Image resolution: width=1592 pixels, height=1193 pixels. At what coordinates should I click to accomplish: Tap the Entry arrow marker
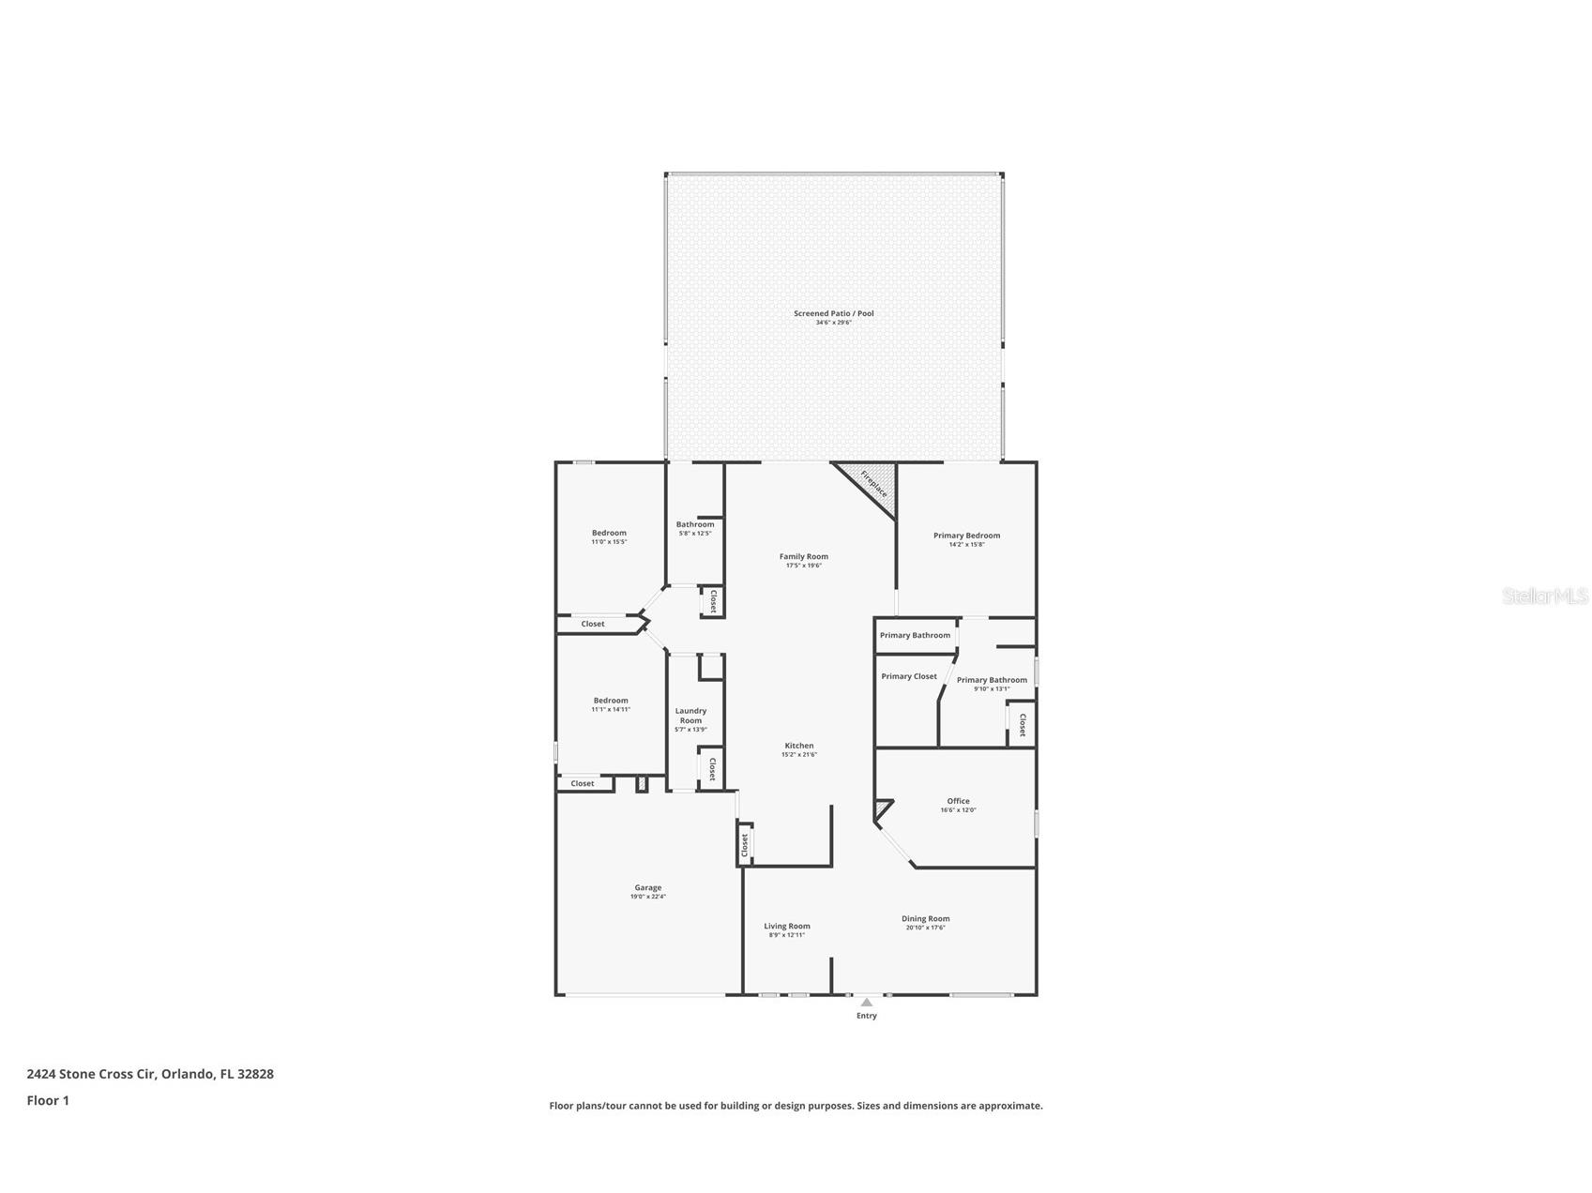click(866, 1002)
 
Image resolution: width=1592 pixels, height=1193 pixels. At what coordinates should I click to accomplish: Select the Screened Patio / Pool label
click(833, 313)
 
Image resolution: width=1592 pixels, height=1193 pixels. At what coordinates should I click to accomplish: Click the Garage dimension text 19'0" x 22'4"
click(647, 897)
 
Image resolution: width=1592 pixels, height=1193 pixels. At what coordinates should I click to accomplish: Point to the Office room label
click(958, 801)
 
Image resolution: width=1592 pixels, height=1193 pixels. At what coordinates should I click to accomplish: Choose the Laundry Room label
click(690, 716)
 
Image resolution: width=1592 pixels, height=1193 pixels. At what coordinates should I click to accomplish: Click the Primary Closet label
click(908, 676)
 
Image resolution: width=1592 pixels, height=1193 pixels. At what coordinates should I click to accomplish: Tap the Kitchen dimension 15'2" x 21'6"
click(798, 754)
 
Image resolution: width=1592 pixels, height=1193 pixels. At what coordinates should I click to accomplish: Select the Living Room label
click(786, 926)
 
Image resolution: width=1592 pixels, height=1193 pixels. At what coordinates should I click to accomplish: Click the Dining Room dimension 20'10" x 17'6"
click(925, 928)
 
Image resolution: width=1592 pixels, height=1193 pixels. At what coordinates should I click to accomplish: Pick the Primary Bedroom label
click(966, 536)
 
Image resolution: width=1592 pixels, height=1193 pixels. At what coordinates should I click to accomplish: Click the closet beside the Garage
click(744, 845)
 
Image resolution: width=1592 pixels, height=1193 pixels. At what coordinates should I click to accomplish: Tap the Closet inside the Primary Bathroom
click(1022, 725)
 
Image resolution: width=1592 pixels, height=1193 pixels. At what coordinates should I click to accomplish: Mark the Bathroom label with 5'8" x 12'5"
click(695, 524)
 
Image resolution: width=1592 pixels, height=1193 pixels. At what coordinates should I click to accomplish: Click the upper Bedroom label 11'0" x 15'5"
click(609, 533)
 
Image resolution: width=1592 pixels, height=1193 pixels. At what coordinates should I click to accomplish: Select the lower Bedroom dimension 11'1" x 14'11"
click(611, 710)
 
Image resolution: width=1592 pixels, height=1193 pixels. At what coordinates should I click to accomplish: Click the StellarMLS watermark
click(1544, 596)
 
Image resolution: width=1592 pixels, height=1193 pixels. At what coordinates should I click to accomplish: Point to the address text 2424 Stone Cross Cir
click(150, 1074)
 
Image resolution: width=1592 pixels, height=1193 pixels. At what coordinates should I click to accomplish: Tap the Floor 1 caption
click(48, 1101)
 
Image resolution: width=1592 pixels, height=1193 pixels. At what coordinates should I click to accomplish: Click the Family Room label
click(803, 556)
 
